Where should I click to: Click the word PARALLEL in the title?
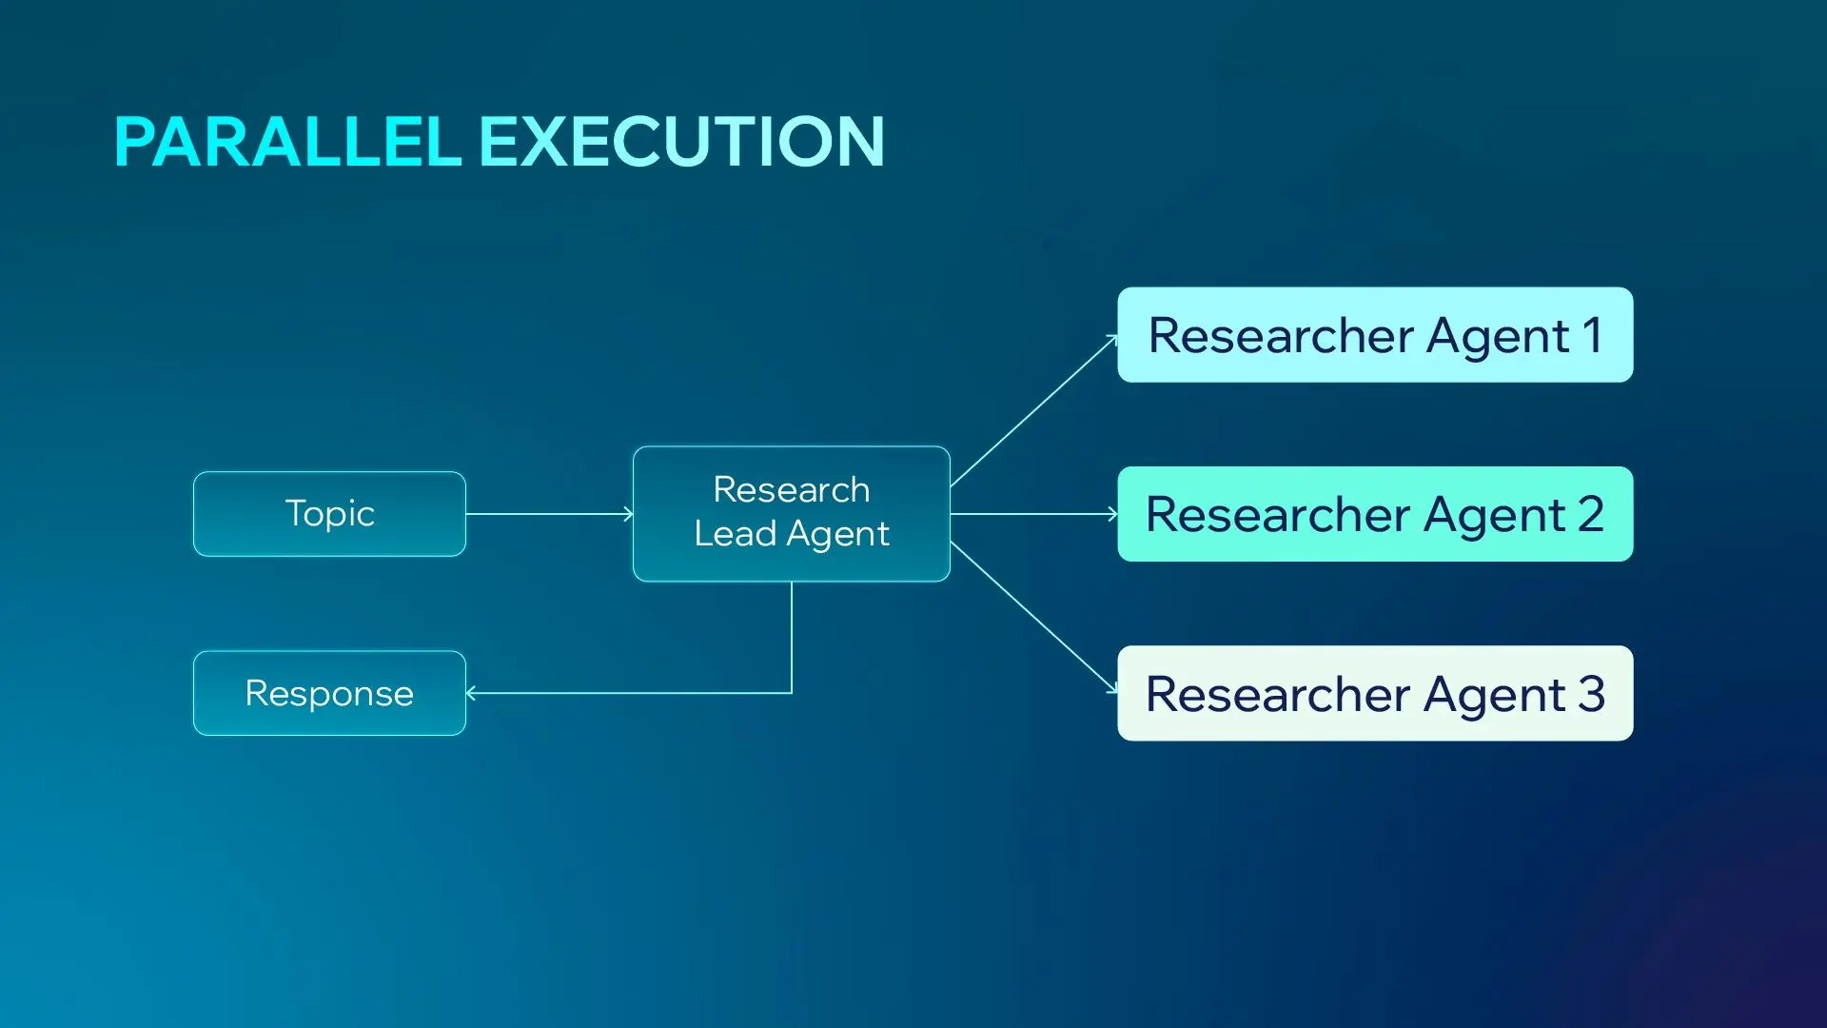click(287, 143)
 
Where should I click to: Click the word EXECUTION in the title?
click(681, 143)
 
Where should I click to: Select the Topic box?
click(329, 514)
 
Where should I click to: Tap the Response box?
click(329, 693)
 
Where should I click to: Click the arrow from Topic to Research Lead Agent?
click(549, 514)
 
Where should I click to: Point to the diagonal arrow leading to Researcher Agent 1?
click(1033, 411)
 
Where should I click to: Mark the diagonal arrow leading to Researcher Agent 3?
click(1033, 617)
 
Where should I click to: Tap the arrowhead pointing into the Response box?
click(470, 693)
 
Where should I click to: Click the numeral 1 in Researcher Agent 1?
click(1592, 335)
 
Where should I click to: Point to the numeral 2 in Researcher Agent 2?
click(1591, 514)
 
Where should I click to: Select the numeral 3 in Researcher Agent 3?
click(1592, 693)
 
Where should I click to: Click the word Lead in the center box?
click(735, 534)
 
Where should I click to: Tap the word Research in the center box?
click(792, 490)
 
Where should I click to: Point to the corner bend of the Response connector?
click(792, 693)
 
